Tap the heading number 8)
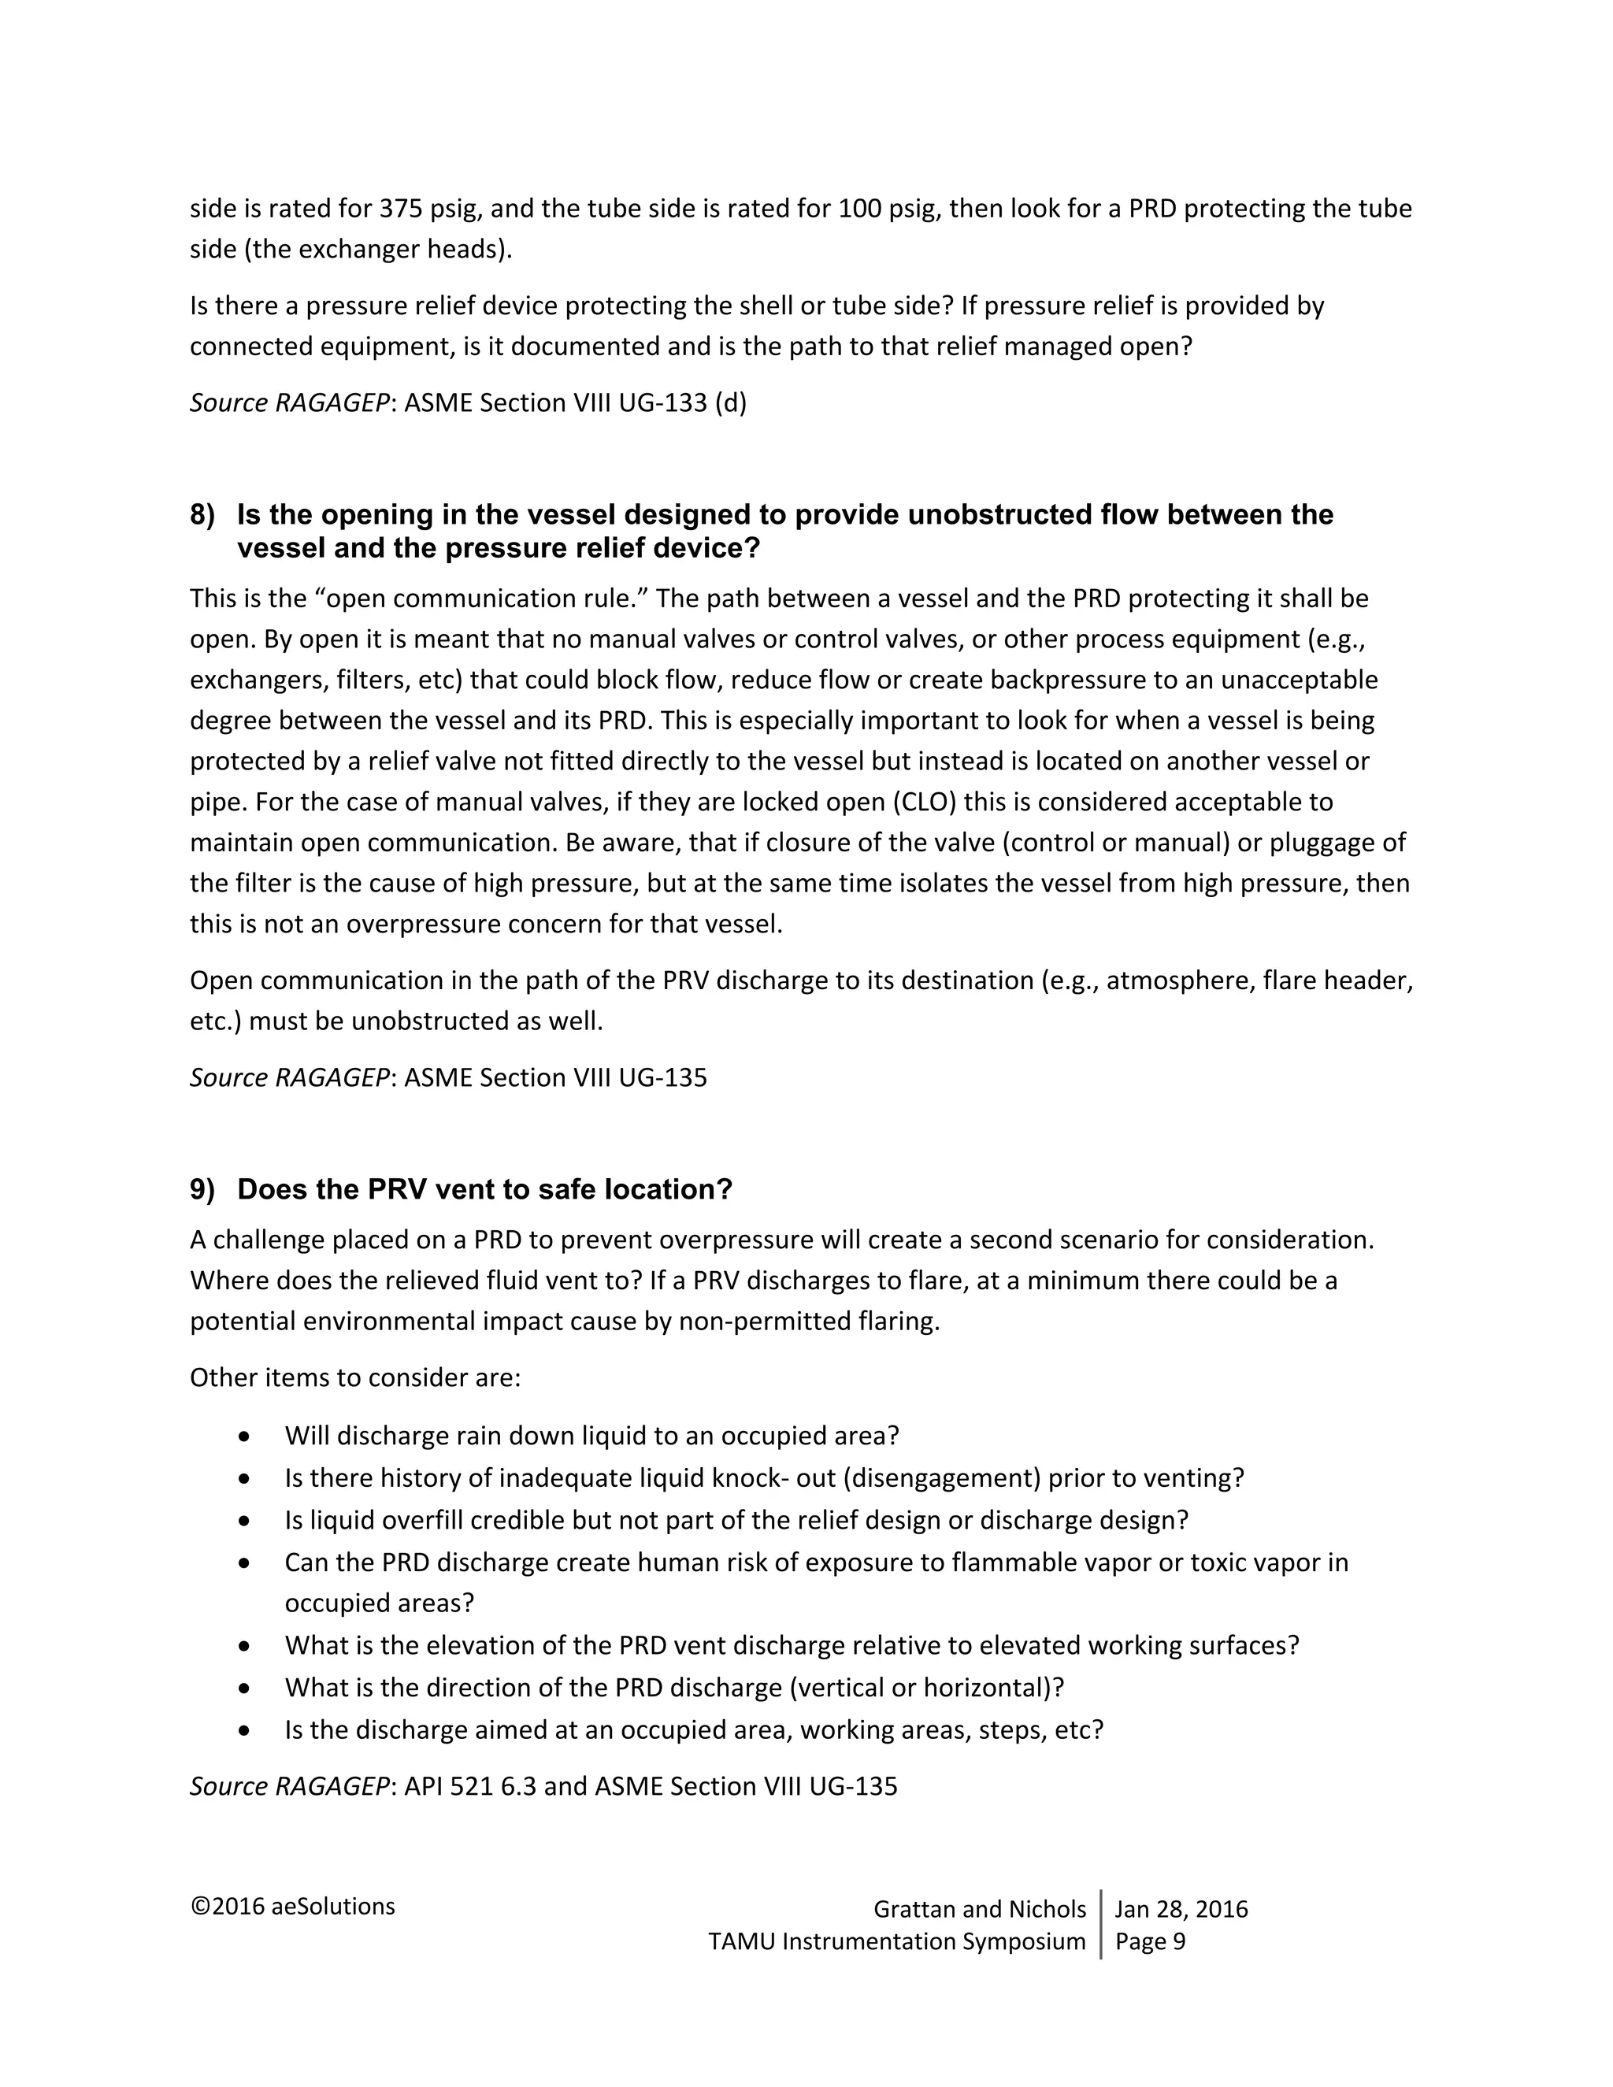pyautogui.click(x=202, y=515)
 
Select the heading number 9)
pyautogui.click(x=202, y=1190)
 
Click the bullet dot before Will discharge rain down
pyautogui.click(x=246, y=1437)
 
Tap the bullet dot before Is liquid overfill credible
pyautogui.click(x=246, y=1520)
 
